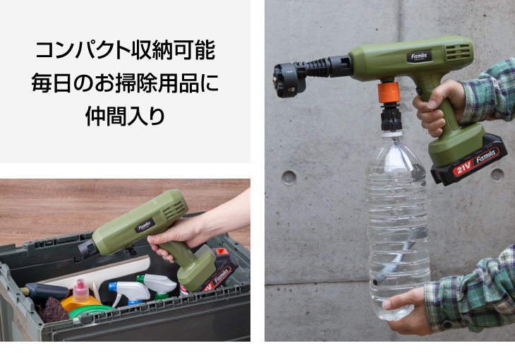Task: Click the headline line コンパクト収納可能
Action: [125, 50]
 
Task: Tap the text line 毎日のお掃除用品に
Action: [125, 83]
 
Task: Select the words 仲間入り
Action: [125, 116]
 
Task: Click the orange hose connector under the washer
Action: [389, 92]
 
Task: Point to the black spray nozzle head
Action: [290, 80]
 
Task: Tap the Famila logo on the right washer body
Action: [419, 56]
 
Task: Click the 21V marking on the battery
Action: [463, 169]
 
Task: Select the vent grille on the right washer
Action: [458, 52]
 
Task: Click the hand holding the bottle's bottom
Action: [406, 309]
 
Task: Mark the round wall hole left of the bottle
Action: [289, 178]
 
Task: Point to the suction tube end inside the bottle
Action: [377, 280]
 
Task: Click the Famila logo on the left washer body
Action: [145, 226]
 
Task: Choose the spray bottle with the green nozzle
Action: [157, 285]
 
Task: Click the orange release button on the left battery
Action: [222, 252]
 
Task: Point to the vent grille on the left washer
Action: [174, 210]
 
